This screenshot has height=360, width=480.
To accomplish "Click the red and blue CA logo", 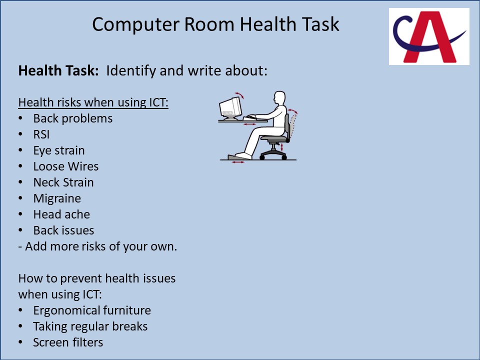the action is pyautogui.click(x=429, y=36).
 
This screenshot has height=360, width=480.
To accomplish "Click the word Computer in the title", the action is pyautogui.click(x=135, y=24).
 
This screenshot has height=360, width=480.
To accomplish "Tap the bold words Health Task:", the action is pyautogui.click(x=58, y=70).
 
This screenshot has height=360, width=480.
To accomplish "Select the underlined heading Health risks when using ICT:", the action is pyautogui.click(x=93, y=102).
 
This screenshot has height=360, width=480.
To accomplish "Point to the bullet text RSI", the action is pyautogui.click(x=41, y=134).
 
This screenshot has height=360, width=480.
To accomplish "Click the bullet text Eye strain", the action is pyautogui.click(x=59, y=150).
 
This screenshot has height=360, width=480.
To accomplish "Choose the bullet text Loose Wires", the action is pyautogui.click(x=66, y=166).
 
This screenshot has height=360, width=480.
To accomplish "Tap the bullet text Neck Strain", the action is pyautogui.click(x=63, y=182).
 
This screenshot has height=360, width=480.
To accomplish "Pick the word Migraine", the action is pyautogui.click(x=57, y=198).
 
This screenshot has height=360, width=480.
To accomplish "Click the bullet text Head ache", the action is pyautogui.click(x=61, y=214).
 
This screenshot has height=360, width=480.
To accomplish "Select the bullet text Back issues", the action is pyautogui.click(x=63, y=230).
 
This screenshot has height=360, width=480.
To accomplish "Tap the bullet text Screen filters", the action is pyautogui.click(x=68, y=342).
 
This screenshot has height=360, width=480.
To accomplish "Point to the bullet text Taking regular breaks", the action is pyautogui.click(x=90, y=326).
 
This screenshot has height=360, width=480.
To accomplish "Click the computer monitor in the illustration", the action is pyautogui.click(x=230, y=108).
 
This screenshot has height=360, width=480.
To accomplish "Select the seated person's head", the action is pyautogui.click(x=279, y=98).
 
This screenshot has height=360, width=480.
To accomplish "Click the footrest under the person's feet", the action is pyautogui.click(x=239, y=157).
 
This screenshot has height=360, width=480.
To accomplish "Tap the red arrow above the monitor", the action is pyautogui.click(x=239, y=95).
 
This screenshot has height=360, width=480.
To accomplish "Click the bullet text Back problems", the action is pyautogui.click(x=73, y=119).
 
